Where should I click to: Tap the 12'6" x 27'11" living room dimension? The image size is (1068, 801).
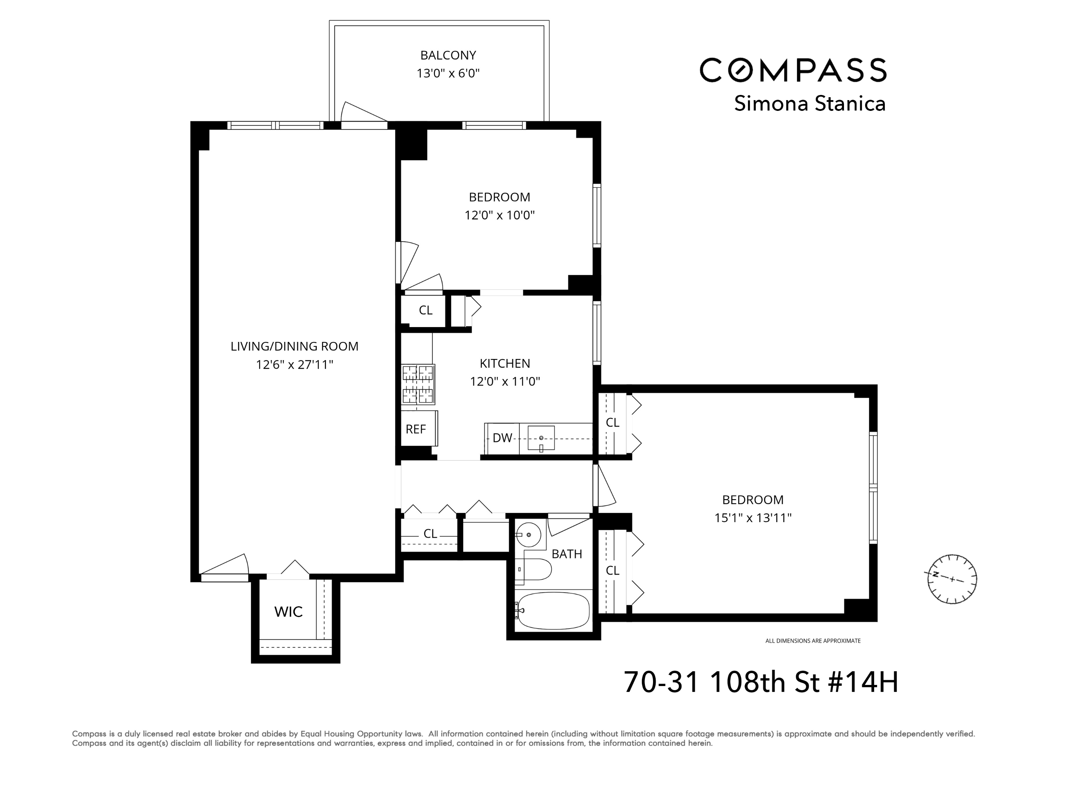pyautogui.click(x=294, y=365)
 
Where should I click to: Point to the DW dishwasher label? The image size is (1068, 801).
pyautogui.click(x=502, y=438)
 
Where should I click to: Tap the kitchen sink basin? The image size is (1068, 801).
pyautogui.click(x=541, y=438)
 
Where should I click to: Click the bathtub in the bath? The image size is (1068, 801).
pyautogui.click(x=553, y=611)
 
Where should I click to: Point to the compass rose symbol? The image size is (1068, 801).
pyautogui.click(x=952, y=579)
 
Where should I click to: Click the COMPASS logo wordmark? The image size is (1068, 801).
pyautogui.click(x=793, y=70)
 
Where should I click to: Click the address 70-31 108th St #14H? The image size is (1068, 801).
pyautogui.click(x=761, y=682)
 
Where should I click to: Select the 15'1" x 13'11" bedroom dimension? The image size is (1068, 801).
pyautogui.click(x=753, y=518)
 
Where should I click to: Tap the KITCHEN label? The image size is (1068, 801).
pyautogui.click(x=505, y=363)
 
